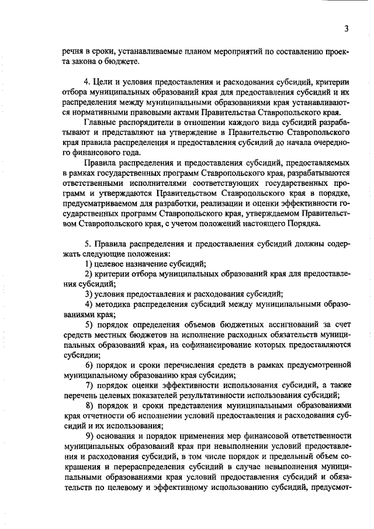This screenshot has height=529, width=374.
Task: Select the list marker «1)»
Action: (x=89, y=265)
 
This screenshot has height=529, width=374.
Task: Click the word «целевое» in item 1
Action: (x=111, y=265)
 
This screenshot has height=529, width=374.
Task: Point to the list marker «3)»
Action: (x=89, y=293)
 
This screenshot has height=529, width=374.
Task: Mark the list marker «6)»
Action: (x=89, y=365)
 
